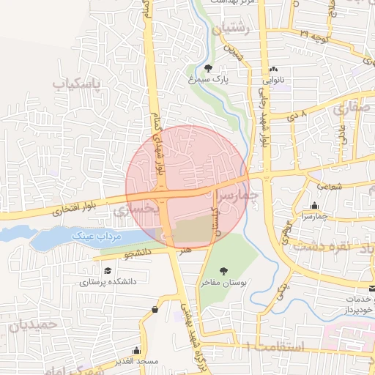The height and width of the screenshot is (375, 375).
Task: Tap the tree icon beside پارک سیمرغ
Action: coord(208,68)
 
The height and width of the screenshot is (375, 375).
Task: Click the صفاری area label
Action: coord(352,109)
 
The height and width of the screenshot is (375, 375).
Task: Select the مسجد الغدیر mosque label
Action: coord(136,361)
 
